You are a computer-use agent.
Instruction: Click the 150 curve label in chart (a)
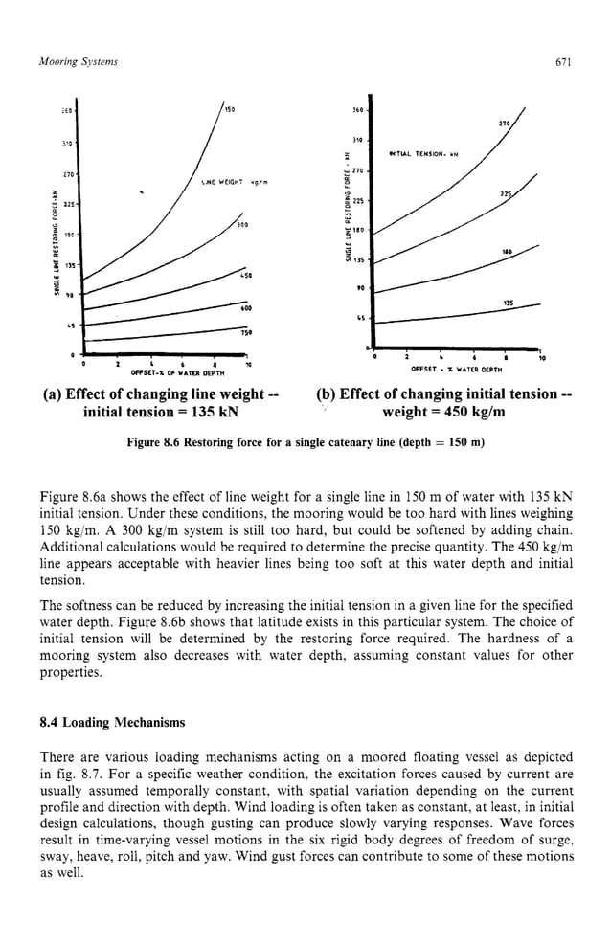tap(230, 109)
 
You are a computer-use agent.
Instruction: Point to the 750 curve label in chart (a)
tap(246, 335)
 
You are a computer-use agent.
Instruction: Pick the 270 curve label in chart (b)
tap(503, 123)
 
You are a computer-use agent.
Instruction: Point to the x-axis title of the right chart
tap(450, 368)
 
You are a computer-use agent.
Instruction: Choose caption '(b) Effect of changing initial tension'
tap(443, 394)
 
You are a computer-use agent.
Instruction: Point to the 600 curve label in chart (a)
tap(246, 307)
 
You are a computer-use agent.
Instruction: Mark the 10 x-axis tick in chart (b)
tap(541, 358)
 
